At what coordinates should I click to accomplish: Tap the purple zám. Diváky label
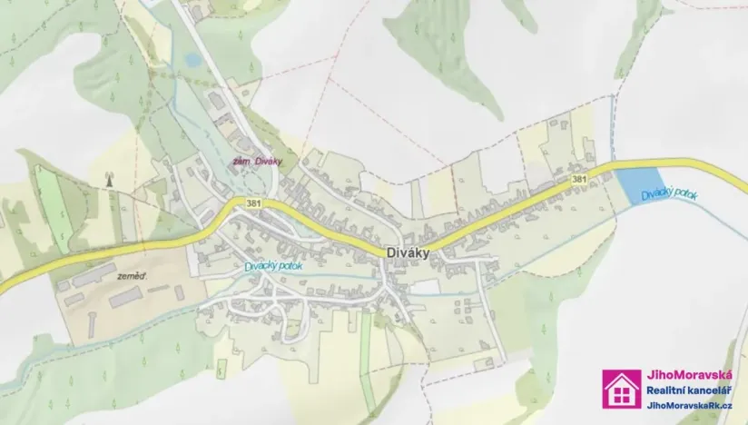click(x=258, y=162)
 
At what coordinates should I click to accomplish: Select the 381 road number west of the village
click(x=252, y=203)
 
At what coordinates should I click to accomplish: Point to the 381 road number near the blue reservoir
click(x=579, y=180)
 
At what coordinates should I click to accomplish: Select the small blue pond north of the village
click(x=192, y=60)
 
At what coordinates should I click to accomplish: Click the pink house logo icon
click(x=622, y=389)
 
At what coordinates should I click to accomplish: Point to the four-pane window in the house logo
click(x=622, y=394)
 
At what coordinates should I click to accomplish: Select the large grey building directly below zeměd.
click(x=126, y=295)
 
